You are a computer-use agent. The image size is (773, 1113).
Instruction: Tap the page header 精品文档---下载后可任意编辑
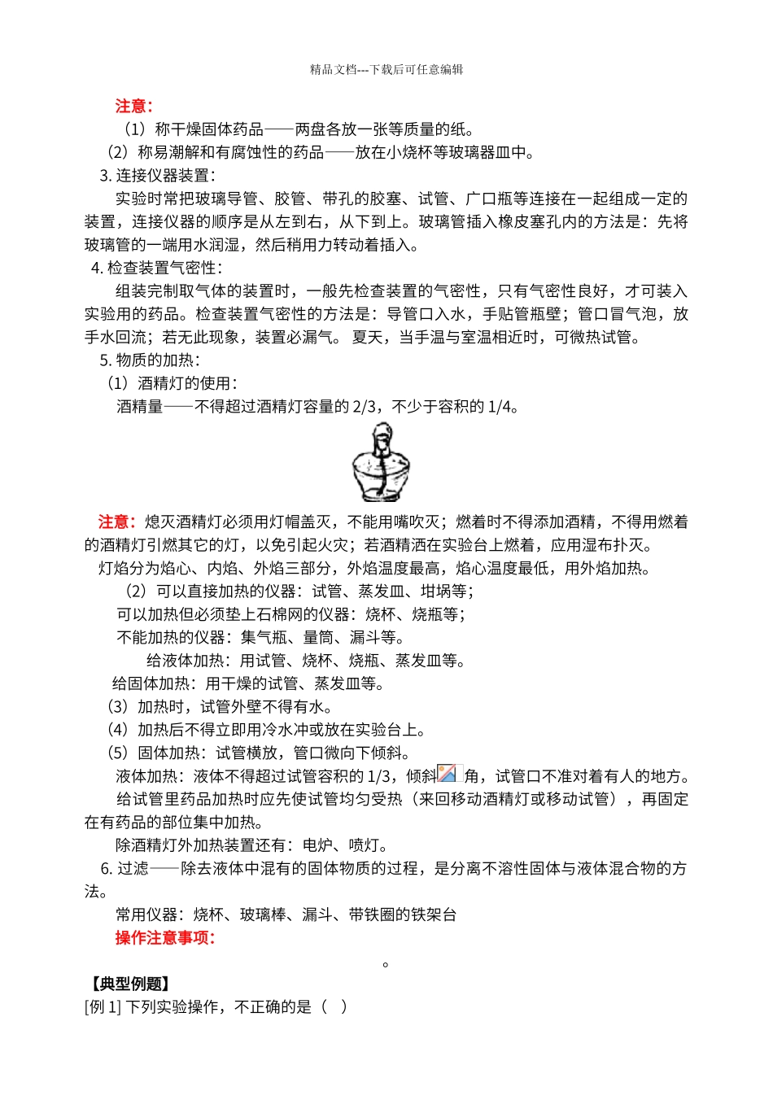tap(386, 70)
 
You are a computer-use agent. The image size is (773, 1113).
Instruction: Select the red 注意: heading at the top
tap(134, 106)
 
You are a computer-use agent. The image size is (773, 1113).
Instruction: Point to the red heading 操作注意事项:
tap(165, 938)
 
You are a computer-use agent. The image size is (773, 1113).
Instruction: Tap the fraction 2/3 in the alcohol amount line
tap(365, 406)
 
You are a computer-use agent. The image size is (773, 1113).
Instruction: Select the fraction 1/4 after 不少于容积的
tap(500, 406)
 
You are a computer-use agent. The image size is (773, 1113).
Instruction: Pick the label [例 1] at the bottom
tap(103, 1007)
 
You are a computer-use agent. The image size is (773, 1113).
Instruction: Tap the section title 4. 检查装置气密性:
tap(156, 268)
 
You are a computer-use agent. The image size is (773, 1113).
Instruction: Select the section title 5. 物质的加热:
tap(150, 360)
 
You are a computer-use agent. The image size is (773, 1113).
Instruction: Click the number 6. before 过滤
tap(107, 869)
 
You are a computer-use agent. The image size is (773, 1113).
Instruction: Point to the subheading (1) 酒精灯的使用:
tap(173, 383)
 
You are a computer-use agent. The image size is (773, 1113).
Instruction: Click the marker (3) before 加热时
tap(119, 707)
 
